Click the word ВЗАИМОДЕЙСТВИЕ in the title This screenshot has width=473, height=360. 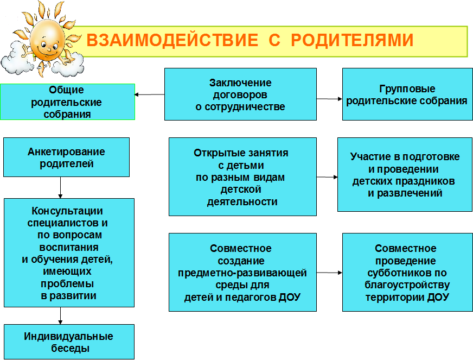[x=172, y=40]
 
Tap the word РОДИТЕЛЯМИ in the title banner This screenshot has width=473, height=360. [x=352, y=40]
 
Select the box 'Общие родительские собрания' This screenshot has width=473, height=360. [x=67, y=102]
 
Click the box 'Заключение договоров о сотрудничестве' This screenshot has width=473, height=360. [x=240, y=94]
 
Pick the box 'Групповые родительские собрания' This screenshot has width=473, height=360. [x=407, y=94]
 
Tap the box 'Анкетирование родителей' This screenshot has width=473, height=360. [x=66, y=157]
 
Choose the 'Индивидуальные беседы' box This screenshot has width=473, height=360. [x=69, y=342]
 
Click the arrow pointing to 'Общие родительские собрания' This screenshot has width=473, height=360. [x=150, y=94]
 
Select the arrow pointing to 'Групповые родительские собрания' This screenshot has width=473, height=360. [x=329, y=99]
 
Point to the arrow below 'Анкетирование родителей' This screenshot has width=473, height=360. [x=60, y=187]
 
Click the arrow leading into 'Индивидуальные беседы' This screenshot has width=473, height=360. [x=60, y=315]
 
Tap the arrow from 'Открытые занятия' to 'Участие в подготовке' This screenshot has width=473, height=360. [x=327, y=177]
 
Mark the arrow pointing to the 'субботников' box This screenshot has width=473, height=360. [x=329, y=273]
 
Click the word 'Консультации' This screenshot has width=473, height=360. [x=67, y=211]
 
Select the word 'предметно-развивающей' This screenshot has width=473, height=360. [x=242, y=273]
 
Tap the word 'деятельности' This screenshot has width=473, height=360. [x=242, y=202]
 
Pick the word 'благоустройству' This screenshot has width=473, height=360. [x=407, y=285]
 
